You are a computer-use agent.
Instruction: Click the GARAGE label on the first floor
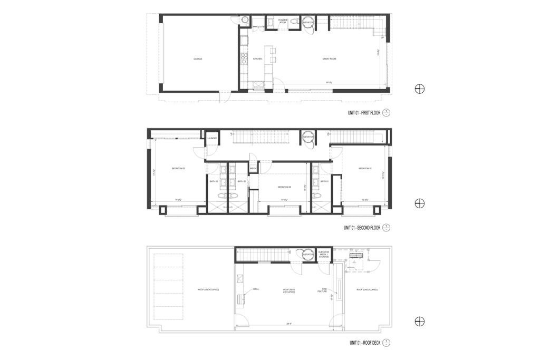pos(198,59)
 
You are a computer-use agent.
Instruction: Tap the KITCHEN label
pos(257,59)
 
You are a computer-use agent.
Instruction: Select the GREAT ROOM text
pos(330,59)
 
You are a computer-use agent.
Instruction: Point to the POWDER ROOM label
pos(283,21)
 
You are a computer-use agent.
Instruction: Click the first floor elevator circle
pos(308,22)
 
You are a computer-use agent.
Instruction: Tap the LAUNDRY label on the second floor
pos(213,139)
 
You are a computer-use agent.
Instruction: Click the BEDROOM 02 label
pos(285,187)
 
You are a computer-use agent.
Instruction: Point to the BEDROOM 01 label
pos(365,169)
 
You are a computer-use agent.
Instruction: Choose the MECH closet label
pos(253,169)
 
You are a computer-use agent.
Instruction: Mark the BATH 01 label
pos(324,181)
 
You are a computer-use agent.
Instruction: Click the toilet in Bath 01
pos(317,195)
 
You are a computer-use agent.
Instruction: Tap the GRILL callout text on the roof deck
pos(256,289)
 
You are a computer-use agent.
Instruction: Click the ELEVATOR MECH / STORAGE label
pos(324,255)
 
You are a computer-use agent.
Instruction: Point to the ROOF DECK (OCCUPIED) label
pos(288,290)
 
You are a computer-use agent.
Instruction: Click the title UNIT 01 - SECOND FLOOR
pos(362,228)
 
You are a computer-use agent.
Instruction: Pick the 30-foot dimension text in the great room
pos(329,82)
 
